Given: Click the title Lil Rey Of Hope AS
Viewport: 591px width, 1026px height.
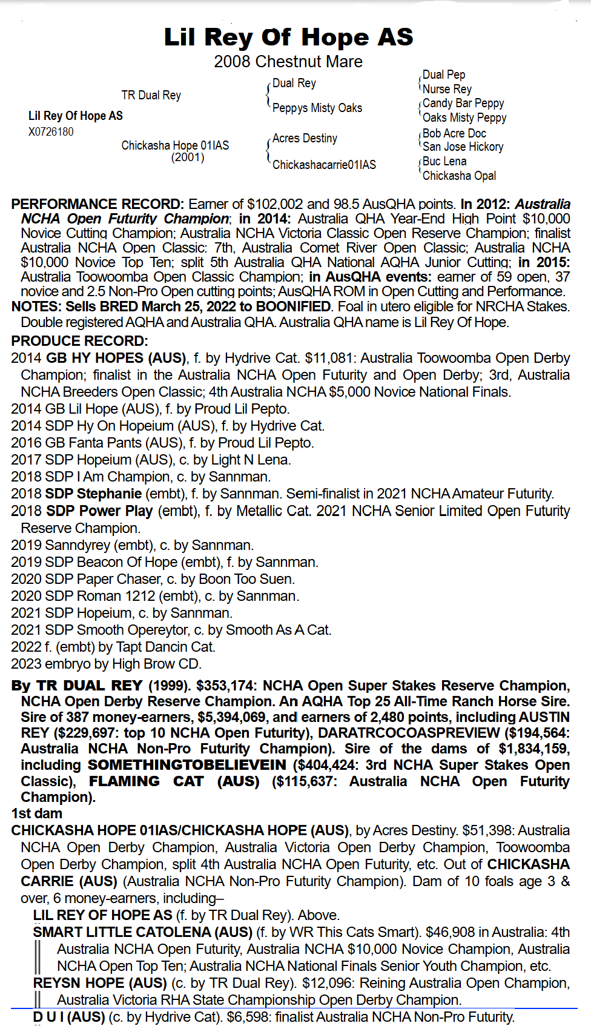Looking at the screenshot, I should tap(288, 38).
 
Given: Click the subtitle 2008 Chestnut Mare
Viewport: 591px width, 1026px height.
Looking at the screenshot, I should tap(288, 62).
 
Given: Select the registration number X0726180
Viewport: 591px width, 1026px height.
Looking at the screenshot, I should tap(51, 131).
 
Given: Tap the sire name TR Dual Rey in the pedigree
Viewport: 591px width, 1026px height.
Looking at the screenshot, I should tap(151, 95).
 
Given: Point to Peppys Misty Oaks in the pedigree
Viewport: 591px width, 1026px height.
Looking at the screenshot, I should tap(317, 108).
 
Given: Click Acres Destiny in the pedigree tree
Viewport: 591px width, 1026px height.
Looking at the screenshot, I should tap(305, 138).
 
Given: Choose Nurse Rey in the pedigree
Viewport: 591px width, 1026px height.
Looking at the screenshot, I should tap(447, 88).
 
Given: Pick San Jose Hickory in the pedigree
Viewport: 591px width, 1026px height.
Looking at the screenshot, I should tap(463, 147).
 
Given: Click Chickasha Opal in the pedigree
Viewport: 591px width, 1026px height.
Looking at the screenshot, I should tap(459, 176).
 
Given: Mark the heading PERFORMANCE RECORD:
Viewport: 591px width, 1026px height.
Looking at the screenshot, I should tap(97, 204).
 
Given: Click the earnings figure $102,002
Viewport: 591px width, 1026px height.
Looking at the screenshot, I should tap(275, 204).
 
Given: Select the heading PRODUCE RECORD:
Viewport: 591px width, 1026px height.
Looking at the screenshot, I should tap(79, 341).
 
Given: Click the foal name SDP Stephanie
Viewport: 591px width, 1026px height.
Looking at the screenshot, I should tap(93, 494).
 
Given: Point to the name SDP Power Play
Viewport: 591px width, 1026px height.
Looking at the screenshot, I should tap(99, 511).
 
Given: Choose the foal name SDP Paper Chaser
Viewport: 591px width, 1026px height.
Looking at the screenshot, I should tap(103, 579).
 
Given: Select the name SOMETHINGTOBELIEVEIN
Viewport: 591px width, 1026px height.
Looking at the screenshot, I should tap(187, 765).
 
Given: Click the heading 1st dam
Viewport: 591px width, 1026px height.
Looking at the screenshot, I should tap(36, 813).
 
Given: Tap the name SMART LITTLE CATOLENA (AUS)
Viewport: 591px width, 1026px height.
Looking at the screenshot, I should tap(142, 932).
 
